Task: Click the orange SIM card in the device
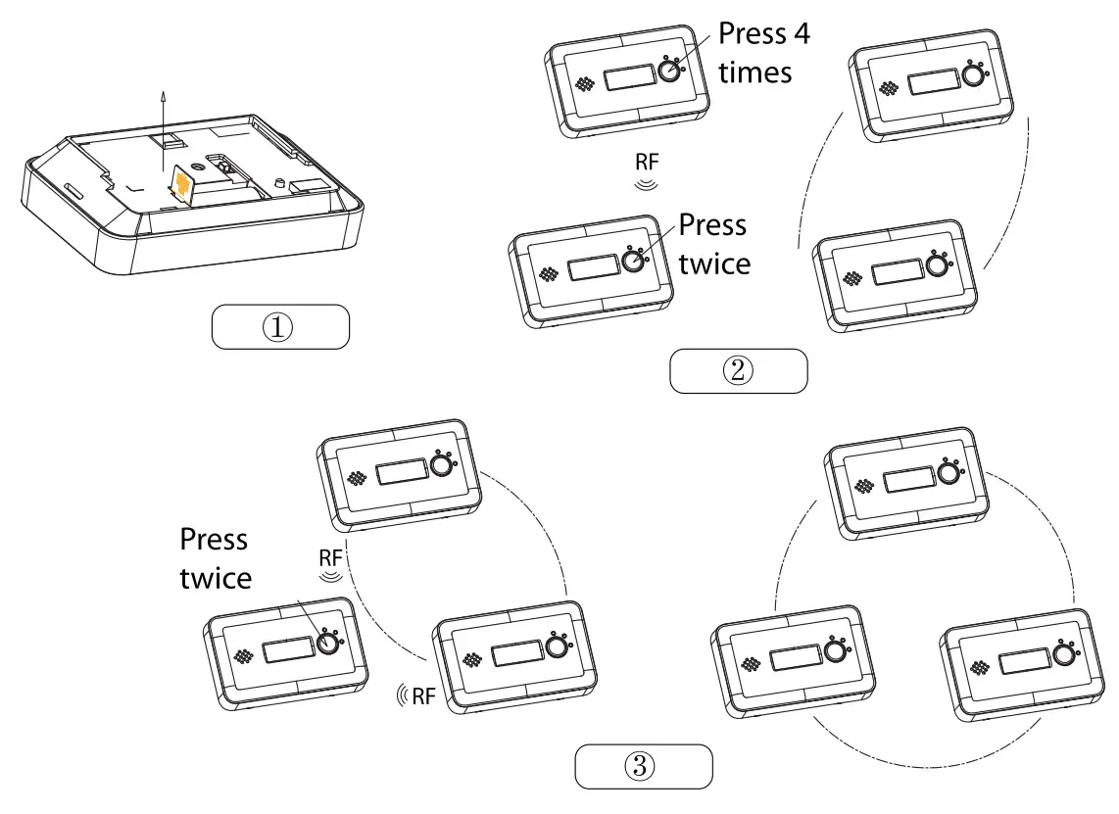180,186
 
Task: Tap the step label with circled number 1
280,326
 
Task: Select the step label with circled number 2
738,371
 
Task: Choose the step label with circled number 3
642,767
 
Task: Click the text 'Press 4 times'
764,52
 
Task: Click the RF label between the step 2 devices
647,164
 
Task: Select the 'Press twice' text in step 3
215,558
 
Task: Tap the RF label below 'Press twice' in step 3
332,556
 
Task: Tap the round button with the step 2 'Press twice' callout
634,262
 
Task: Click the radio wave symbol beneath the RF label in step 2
646,182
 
